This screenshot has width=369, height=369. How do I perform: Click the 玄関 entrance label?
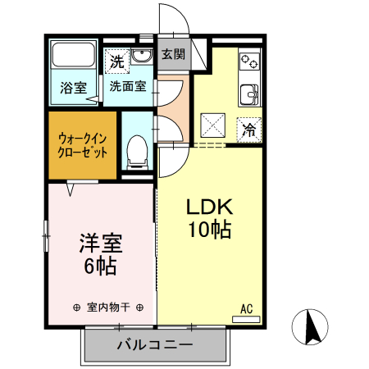point(172,54)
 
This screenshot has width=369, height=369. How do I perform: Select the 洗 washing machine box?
point(117,61)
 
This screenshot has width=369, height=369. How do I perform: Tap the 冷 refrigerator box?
point(250,128)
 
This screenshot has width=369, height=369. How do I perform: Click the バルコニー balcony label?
point(154,345)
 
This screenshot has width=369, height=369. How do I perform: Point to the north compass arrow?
point(312,327)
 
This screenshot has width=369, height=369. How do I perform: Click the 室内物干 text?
point(108,307)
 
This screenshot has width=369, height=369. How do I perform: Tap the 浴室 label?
point(72,88)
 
